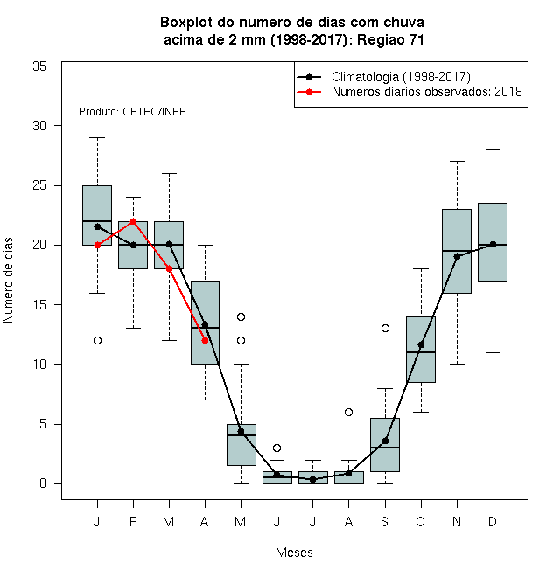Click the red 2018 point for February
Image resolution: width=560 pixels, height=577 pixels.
[133, 221]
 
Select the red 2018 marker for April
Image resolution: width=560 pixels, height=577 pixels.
[206, 340]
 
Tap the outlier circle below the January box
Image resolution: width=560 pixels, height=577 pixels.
[98, 340]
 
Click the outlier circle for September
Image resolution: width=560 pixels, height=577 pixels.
[385, 328]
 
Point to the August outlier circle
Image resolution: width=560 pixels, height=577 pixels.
[348, 412]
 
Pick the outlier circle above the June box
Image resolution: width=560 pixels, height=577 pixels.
[277, 448]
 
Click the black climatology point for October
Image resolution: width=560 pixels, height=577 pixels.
[421, 344]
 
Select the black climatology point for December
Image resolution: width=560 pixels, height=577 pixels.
[493, 244]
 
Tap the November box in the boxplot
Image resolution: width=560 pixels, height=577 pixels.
[457, 251]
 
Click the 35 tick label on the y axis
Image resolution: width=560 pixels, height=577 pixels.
[39, 66]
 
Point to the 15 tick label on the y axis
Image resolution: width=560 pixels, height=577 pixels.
[39, 305]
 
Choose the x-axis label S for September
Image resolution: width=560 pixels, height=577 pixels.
[385, 521]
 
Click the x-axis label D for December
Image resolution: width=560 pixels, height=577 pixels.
[493, 521]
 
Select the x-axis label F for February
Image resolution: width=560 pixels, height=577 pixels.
[133, 521]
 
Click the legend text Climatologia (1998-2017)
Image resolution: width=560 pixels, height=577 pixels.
[401, 77]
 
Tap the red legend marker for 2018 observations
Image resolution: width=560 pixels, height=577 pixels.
[310, 92]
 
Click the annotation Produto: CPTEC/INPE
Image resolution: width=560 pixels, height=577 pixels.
[132, 112]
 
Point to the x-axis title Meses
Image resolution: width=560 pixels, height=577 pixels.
[294, 553]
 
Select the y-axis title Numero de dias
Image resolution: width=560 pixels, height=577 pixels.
[8, 281]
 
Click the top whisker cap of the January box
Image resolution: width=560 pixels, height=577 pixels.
[98, 137]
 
